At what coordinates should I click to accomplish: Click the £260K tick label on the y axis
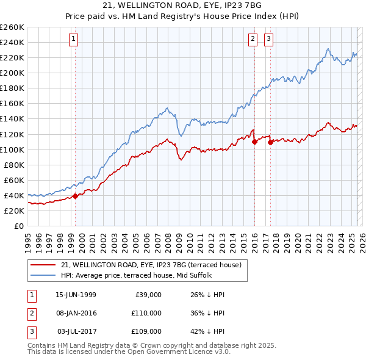click(12, 27)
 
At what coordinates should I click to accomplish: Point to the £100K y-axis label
click(12, 149)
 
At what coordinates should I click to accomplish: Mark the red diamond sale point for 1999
click(76, 196)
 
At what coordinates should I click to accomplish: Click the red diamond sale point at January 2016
click(254, 142)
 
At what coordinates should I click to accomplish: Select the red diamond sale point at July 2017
click(270, 142)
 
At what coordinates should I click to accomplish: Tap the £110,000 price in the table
click(146, 313)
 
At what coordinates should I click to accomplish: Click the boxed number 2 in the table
click(31, 313)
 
